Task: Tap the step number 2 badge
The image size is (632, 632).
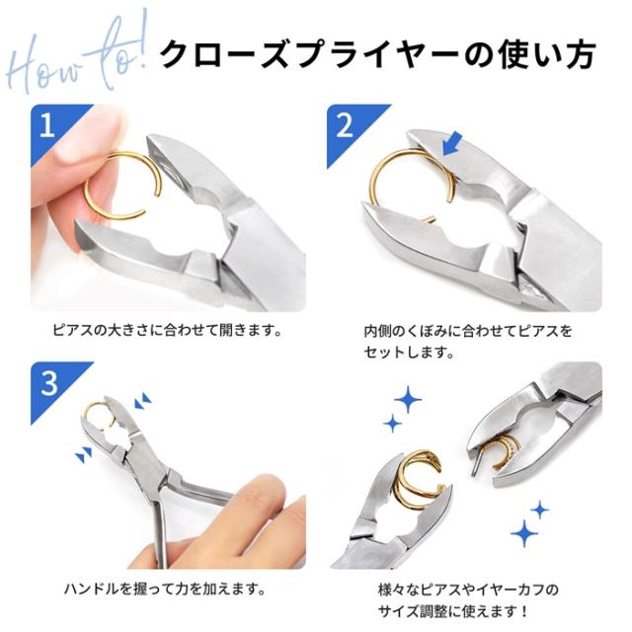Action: coord(344,122)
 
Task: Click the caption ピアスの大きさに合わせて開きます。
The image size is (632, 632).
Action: coord(167,328)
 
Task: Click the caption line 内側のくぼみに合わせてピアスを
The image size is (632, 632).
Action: coord(462,328)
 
